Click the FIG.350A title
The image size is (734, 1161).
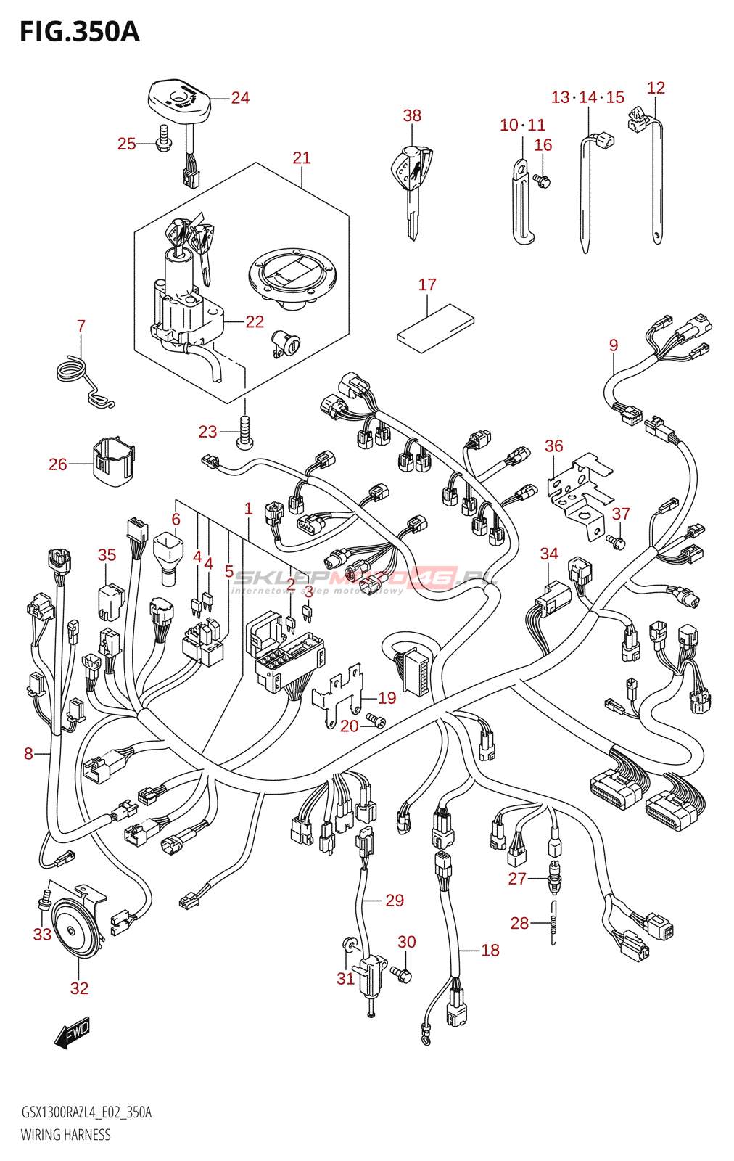(79, 32)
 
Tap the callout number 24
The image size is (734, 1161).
(240, 98)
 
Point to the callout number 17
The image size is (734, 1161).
(427, 285)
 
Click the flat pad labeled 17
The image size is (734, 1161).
(435, 327)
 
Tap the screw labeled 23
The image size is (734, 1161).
(245, 433)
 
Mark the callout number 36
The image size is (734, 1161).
(553, 446)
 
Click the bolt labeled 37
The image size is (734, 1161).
(616, 541)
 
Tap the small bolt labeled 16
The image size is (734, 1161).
(542, 180)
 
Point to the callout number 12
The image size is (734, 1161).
(656, 88)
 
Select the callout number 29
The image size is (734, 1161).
(395, 901)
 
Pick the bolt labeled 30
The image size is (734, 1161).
(402, 974)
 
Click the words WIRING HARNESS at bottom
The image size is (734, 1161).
(65, 1135)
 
